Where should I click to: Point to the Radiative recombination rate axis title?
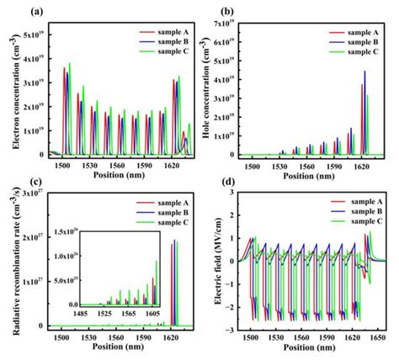click(x=8, y=261)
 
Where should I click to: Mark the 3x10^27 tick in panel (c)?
click(x=29, y=194)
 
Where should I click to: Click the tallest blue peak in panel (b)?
click(x=364, y=71)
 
